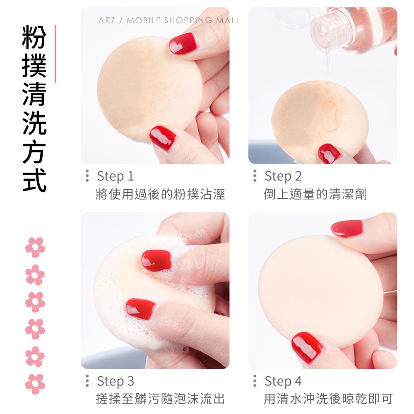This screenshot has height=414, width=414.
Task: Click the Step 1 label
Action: coord(116,176)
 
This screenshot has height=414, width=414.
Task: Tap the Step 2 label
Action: coord(283,176)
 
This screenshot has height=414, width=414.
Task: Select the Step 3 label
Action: coord(116,381)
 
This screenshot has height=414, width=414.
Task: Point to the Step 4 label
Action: coord(283,381)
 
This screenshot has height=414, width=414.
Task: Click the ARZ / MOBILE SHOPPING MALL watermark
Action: coord(169,20)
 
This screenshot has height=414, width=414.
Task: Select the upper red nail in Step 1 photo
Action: coord(183,43)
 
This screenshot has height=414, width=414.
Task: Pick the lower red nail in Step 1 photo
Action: coord(163,137)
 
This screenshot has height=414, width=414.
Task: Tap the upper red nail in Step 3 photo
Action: coord(156,260)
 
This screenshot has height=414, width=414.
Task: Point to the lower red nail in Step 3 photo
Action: coord(140,308)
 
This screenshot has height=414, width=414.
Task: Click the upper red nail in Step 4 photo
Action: coord(347,229)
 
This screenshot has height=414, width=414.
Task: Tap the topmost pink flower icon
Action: coord(35,247)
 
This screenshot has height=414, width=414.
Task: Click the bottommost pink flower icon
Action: coord(35,384)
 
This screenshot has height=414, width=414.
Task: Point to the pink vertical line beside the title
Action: coord(55,53)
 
